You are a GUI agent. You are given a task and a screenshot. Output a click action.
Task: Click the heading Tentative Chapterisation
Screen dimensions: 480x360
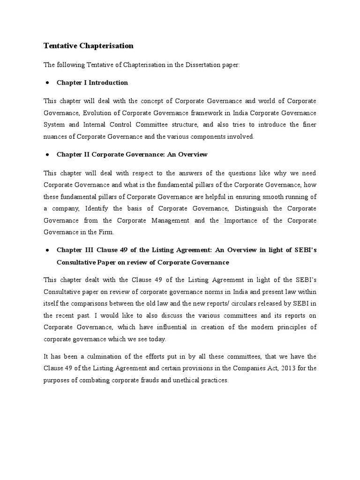tap(89, 46)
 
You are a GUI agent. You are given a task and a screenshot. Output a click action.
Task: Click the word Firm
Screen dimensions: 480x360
tap(107, 232)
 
